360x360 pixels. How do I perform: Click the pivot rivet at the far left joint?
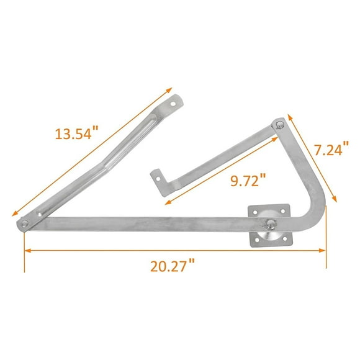click(24, 223)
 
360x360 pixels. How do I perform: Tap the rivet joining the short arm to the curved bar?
click(281, 124)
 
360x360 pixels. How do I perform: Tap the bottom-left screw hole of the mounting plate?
click(254, 240)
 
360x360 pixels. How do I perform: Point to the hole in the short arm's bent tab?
click(157, 178)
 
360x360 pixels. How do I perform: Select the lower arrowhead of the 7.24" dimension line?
click(336, 200)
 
